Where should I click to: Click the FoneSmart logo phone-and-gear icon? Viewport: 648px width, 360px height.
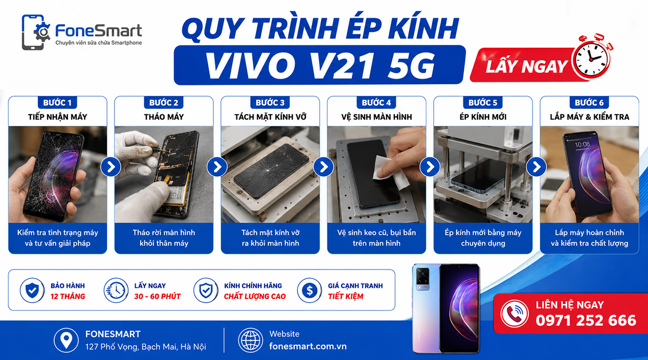35,32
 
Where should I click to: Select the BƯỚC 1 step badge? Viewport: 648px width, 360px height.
57,102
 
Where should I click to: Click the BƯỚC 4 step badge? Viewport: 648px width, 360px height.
376,102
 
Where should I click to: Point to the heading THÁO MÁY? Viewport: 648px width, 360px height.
164,117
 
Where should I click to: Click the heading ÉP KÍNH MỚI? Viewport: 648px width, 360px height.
483,117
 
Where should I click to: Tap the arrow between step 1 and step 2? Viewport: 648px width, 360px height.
110,167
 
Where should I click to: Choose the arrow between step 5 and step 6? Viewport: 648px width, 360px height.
536,167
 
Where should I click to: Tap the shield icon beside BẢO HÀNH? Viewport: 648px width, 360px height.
32,290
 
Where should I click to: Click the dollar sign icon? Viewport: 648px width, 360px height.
309,290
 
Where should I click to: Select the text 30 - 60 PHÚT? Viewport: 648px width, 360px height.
157,296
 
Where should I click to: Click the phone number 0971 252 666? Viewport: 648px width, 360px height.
586,321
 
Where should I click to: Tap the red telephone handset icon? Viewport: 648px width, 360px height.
515,314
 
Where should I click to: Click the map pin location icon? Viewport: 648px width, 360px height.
66,340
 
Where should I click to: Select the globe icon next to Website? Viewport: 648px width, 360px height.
250,340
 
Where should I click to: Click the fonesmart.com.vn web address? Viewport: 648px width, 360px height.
308,346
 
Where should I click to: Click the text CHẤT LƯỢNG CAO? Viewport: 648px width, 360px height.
255,296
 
